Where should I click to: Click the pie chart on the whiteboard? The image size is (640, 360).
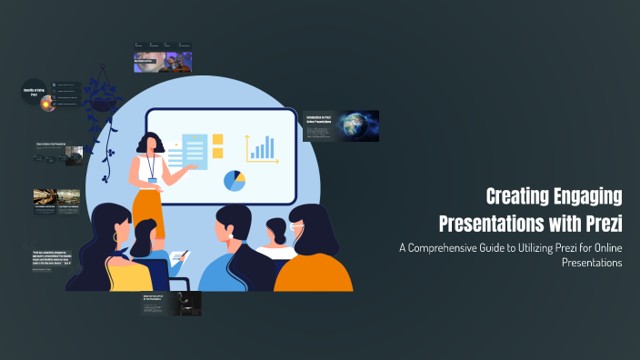pyautogui.click(x=235, y=180)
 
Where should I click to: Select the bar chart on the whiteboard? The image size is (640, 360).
pyautogui.click(x=261, y=148)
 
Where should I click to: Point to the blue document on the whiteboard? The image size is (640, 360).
pyautogui.click(x=195, y=151)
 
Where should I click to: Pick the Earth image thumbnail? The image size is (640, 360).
pyautogui.click(x=359, y=125)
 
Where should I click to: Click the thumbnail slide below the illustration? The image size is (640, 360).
pyautogui.click(x=171, y=304)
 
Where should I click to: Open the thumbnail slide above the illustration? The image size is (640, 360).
pyautogui.click(x=163, y=57)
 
